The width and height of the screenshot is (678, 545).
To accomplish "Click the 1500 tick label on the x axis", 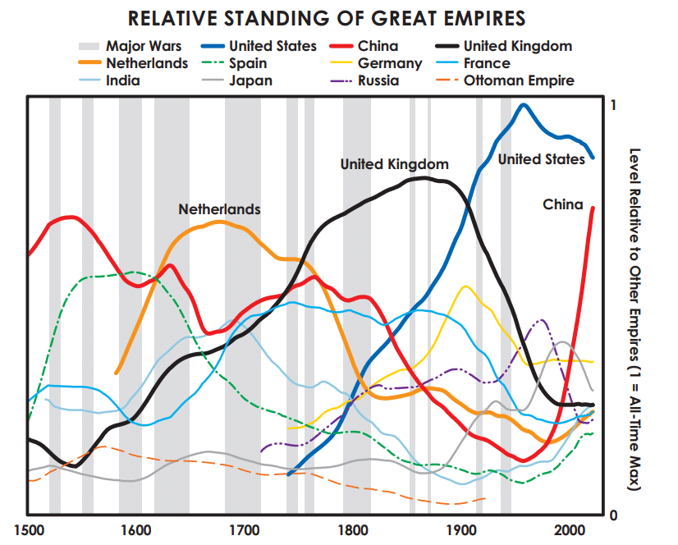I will pos(29,529).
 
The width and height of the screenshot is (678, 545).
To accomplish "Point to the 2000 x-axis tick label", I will pos(569,529).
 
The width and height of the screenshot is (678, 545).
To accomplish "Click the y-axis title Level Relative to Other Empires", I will pos(634,320).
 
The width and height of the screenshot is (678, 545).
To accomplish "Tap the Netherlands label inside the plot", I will pos(219,209).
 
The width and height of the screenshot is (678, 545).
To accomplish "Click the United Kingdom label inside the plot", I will pos(394,164).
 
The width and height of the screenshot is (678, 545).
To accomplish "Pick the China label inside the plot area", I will pos(562,204).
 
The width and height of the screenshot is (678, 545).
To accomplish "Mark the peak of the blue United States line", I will pos(523,104).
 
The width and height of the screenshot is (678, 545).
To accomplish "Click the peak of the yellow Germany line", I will pos(465,286).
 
